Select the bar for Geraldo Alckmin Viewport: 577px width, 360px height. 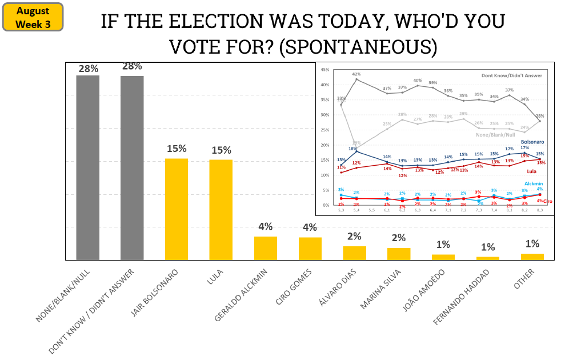coord(265,248)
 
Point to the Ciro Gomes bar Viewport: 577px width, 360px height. coord(310,249)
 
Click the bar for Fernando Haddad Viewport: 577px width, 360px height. coord(488,258)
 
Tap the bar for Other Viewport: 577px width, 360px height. coord(532,257)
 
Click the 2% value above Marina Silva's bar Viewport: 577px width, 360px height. coord(399,238)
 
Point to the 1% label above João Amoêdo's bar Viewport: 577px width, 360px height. coord(443,245)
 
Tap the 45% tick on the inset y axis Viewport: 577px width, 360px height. coord(325,70)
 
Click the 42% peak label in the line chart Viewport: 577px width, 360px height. coord(356,74)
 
